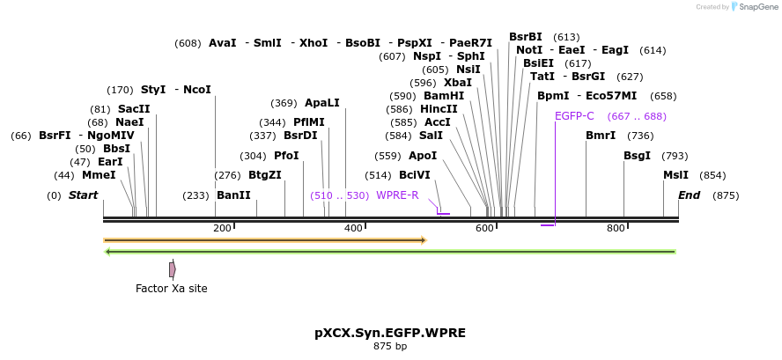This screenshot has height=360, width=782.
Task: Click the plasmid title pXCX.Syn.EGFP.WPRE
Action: coord(390,333)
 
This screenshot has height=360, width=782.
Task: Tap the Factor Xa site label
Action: coord(172,288)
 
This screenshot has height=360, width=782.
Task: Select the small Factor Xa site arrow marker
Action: coord(173,268)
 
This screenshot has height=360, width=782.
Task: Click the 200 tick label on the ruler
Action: coord(222,228)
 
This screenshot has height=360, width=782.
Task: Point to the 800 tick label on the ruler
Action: coord(616,228)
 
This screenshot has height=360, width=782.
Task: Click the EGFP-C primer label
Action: coord(574,116)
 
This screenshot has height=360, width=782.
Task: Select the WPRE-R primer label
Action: coord(397,195)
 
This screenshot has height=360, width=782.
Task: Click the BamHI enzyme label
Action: coord(444,96)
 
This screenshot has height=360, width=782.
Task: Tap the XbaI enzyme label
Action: coord(458,83)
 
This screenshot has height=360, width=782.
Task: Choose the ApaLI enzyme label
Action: coord(322,103)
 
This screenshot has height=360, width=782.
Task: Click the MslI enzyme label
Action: coord(676,175)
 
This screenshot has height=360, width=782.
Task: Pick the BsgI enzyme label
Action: coord(638,156)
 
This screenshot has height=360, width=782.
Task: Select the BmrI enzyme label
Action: coord(601,136)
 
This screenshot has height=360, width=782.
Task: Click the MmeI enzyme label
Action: coord(99,175)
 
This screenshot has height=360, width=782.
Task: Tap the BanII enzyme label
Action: coord(234,195)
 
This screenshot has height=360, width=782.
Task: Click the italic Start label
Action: coord(84,195)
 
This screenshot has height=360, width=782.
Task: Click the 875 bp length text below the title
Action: coord(390,347)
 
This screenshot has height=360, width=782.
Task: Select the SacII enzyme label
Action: coord(135,109)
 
